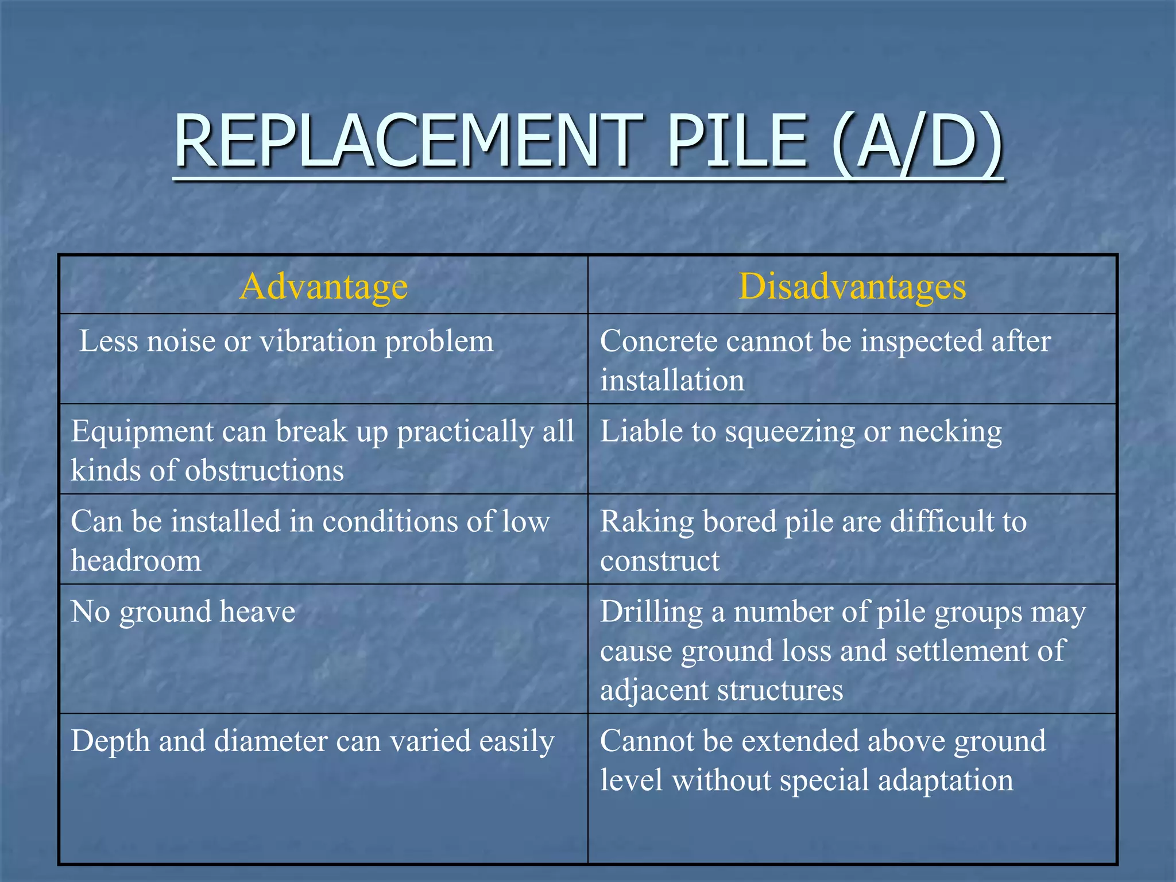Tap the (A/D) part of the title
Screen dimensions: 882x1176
pos(916,141)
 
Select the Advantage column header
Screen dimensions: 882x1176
pos(323,286)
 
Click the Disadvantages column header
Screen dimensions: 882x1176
pos(852,286)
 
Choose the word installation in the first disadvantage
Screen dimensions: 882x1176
pos(672,380)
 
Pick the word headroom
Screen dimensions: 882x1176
pos(136,560)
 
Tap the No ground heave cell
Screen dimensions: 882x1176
pos(183,612)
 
